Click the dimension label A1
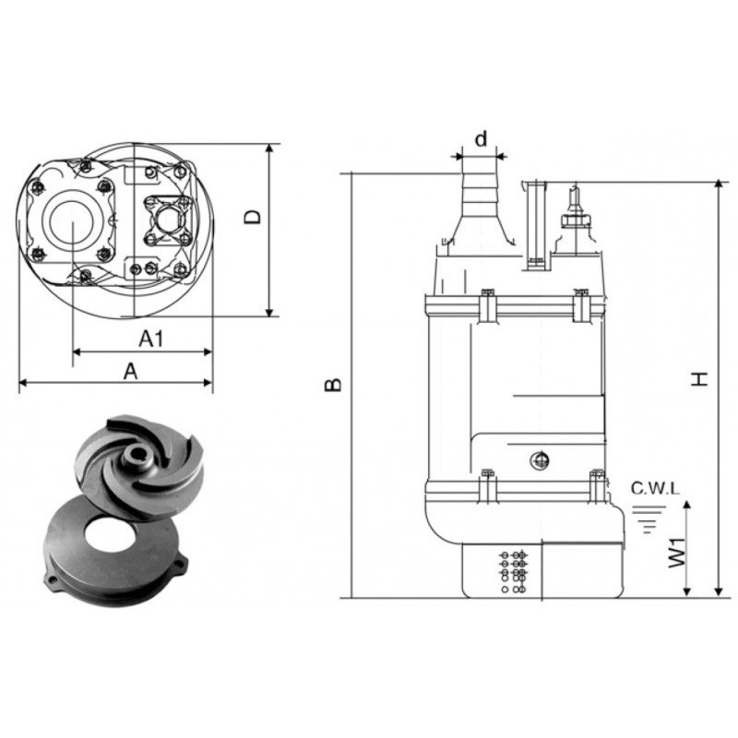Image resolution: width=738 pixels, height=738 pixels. pos(151,339)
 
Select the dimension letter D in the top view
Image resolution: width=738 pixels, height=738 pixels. pos(253,217)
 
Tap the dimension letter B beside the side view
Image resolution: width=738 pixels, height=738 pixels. pos(333,385)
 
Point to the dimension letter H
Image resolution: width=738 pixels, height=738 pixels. pos(700,379)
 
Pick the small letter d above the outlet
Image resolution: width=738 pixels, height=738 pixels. pos(481,139)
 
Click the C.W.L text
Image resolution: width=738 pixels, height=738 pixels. pos(655,489)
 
